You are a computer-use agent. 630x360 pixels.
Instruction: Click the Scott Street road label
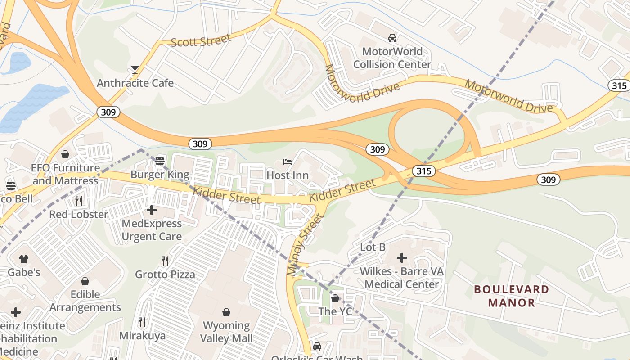tap(201, 40)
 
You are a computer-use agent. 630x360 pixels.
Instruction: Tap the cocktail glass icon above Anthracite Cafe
tap(135, 70)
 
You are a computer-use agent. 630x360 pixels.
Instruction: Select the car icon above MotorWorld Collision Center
tap(392, 38)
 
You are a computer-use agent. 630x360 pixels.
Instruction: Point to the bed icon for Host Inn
tap(288, 162)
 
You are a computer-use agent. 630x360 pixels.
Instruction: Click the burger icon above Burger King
tap(160, 161)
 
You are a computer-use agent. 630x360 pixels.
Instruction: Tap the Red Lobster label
tap(79, 214)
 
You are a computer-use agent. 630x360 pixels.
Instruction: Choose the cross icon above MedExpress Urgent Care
tap(152, 210)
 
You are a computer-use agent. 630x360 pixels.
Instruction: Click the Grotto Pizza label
tap(165, 274)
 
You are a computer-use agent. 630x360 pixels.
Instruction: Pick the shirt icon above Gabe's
tap(24, 259)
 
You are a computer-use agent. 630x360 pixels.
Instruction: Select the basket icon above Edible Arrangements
tap(85, 281)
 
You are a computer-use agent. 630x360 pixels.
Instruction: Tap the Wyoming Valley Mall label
tap(226, 332)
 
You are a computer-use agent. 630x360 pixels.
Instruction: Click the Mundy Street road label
tap(305, 244)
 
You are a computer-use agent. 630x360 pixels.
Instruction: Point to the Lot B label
tap(373, 247)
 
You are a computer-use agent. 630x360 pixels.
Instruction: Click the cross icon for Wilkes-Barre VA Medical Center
tap(401, 258)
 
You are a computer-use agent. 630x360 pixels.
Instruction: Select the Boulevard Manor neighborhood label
tap(512, 296)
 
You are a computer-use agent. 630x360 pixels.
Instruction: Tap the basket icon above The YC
tap(335, 298)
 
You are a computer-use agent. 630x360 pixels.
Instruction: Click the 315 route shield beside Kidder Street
tap(424, 171)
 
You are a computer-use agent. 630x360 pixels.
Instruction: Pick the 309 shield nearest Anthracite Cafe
tap(108, 112)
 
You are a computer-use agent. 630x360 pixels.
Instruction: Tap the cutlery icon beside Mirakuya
tap(142, 322)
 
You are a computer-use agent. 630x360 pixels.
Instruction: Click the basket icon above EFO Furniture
tap(65, 154)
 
